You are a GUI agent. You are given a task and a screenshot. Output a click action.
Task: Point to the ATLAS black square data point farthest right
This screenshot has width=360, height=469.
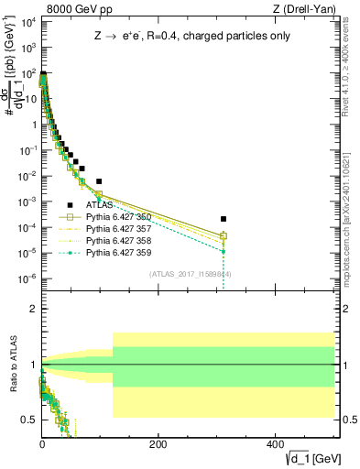pos(224,219)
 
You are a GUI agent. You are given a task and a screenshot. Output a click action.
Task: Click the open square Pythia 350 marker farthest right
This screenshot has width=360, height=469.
pos(224,235)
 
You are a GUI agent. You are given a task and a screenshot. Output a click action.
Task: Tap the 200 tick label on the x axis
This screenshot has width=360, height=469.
pos(158,443)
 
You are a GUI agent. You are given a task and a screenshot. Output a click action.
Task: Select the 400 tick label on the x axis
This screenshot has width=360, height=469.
pos(275,443)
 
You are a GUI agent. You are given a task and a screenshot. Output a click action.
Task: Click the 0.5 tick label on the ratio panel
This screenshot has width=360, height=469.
pos(29,419)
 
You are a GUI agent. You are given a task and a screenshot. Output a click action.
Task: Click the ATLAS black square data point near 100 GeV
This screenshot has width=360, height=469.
pos(99,181)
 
